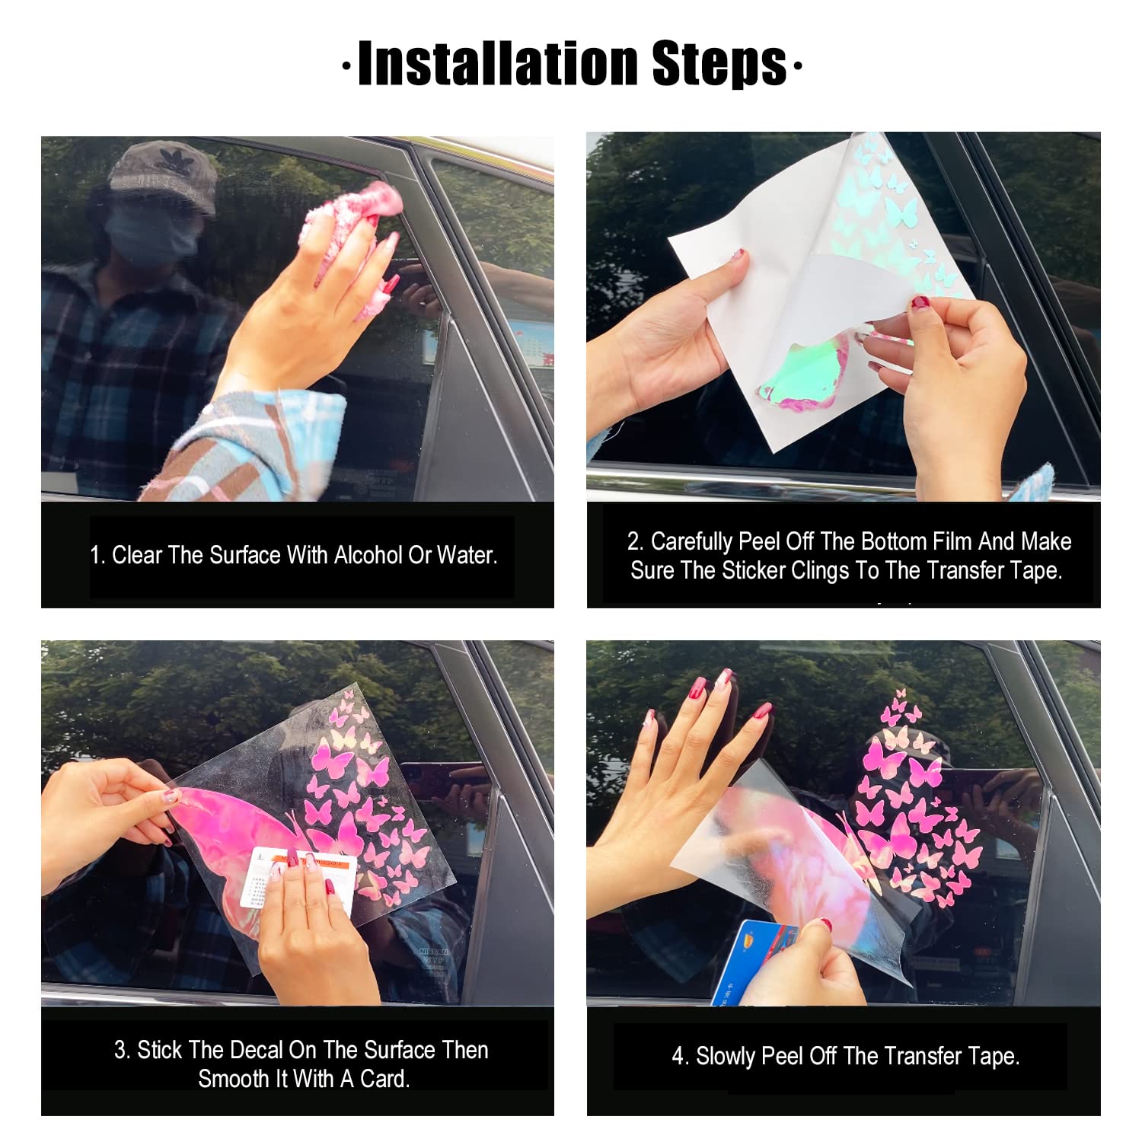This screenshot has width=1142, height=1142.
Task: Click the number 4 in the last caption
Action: tap(678, 1056)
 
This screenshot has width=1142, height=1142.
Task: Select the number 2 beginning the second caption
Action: tap(634, 541)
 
